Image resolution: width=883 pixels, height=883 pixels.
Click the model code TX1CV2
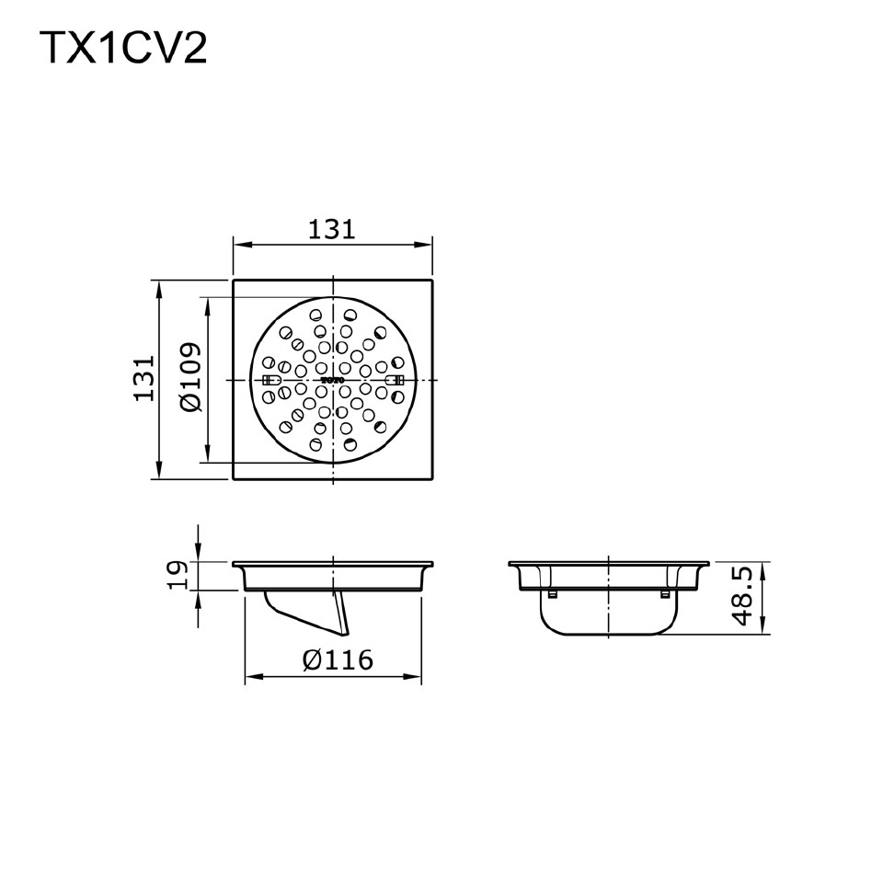tap(122, 49)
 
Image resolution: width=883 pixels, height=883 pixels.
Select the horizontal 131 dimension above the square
tap(331, 228)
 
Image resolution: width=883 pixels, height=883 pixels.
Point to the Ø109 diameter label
tap(190, 378)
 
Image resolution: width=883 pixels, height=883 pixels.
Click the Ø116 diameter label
tap(338, 659)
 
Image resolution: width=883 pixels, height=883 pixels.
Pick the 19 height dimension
tap(181, 575)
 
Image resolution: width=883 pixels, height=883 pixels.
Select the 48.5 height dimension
tap(743, 596)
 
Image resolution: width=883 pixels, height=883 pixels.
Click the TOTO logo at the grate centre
tap(332, 380)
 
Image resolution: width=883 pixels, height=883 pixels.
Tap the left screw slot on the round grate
tap(272, 380)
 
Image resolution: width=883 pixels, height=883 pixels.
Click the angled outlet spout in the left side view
tap(308, 612)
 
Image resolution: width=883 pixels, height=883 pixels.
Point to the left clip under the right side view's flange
tap(552, 594)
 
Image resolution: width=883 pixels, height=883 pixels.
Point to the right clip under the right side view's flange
tap(664, 594)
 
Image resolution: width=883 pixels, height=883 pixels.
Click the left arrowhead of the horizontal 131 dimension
tap(238, 245)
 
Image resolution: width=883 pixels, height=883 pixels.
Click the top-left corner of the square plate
tap(234, 281)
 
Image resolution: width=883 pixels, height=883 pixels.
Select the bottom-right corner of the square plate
tap(431, 478)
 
